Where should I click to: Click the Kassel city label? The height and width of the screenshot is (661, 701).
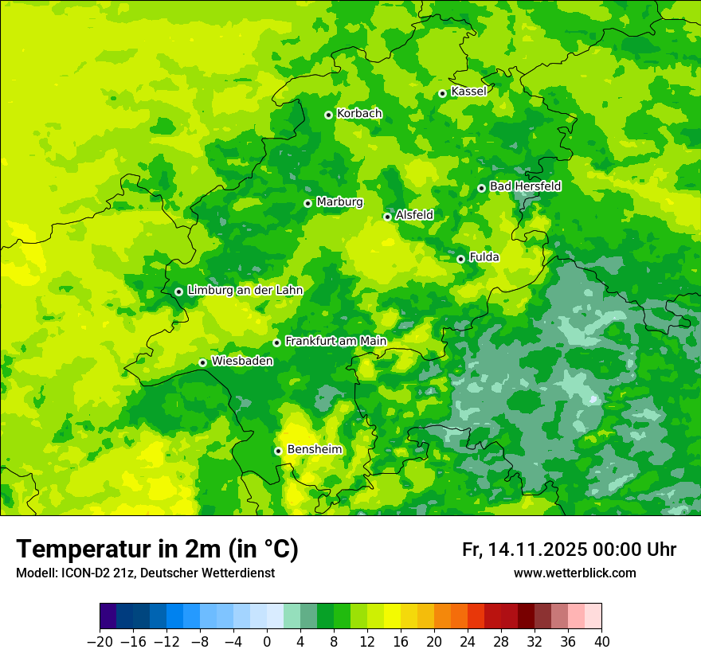[468, 92]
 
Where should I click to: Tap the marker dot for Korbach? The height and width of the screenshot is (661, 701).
[328, 115]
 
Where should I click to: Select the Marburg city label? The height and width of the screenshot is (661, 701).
[339, 202]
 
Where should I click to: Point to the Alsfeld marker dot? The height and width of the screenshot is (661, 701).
[388, 217]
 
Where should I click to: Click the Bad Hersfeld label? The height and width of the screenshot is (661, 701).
[525, 186]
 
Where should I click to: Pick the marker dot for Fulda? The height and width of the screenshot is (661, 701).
[460, 259]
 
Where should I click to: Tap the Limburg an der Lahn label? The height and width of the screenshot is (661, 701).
[245, 291]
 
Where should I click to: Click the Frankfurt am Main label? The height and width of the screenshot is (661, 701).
[335, 341]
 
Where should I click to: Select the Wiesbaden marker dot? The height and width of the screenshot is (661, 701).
[203, 362]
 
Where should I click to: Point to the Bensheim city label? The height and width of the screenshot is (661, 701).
[314, 449]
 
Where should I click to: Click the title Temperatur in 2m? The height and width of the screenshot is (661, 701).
[157, 550]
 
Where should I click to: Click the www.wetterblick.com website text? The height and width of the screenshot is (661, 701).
[574, 573]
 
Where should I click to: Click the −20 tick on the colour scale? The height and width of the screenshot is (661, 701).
[100, 642]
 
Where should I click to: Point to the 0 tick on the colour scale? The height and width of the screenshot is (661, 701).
[267, 642]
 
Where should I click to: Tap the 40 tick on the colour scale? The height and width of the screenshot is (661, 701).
[601, 642]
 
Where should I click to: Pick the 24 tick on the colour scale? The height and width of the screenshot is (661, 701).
[468, 642]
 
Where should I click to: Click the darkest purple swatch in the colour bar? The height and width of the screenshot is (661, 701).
[108, 616]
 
